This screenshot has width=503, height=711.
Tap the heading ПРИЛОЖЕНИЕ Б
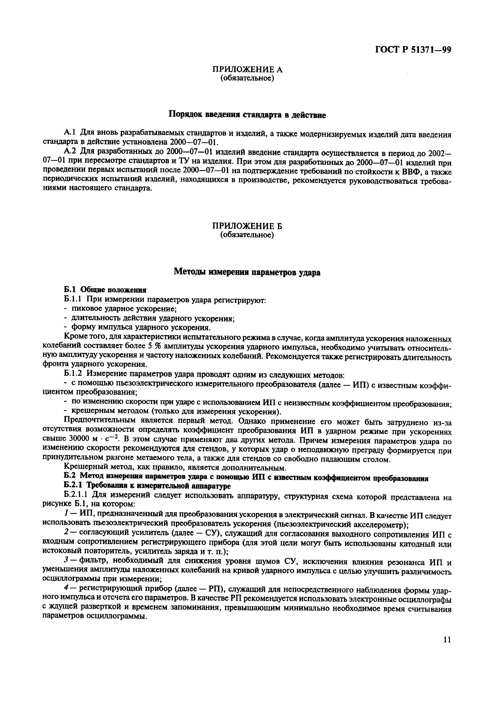[x=247, y=226]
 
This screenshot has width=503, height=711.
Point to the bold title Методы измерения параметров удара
[x=247, y=272]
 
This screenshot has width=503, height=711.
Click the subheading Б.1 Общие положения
[x=105, y=290]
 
